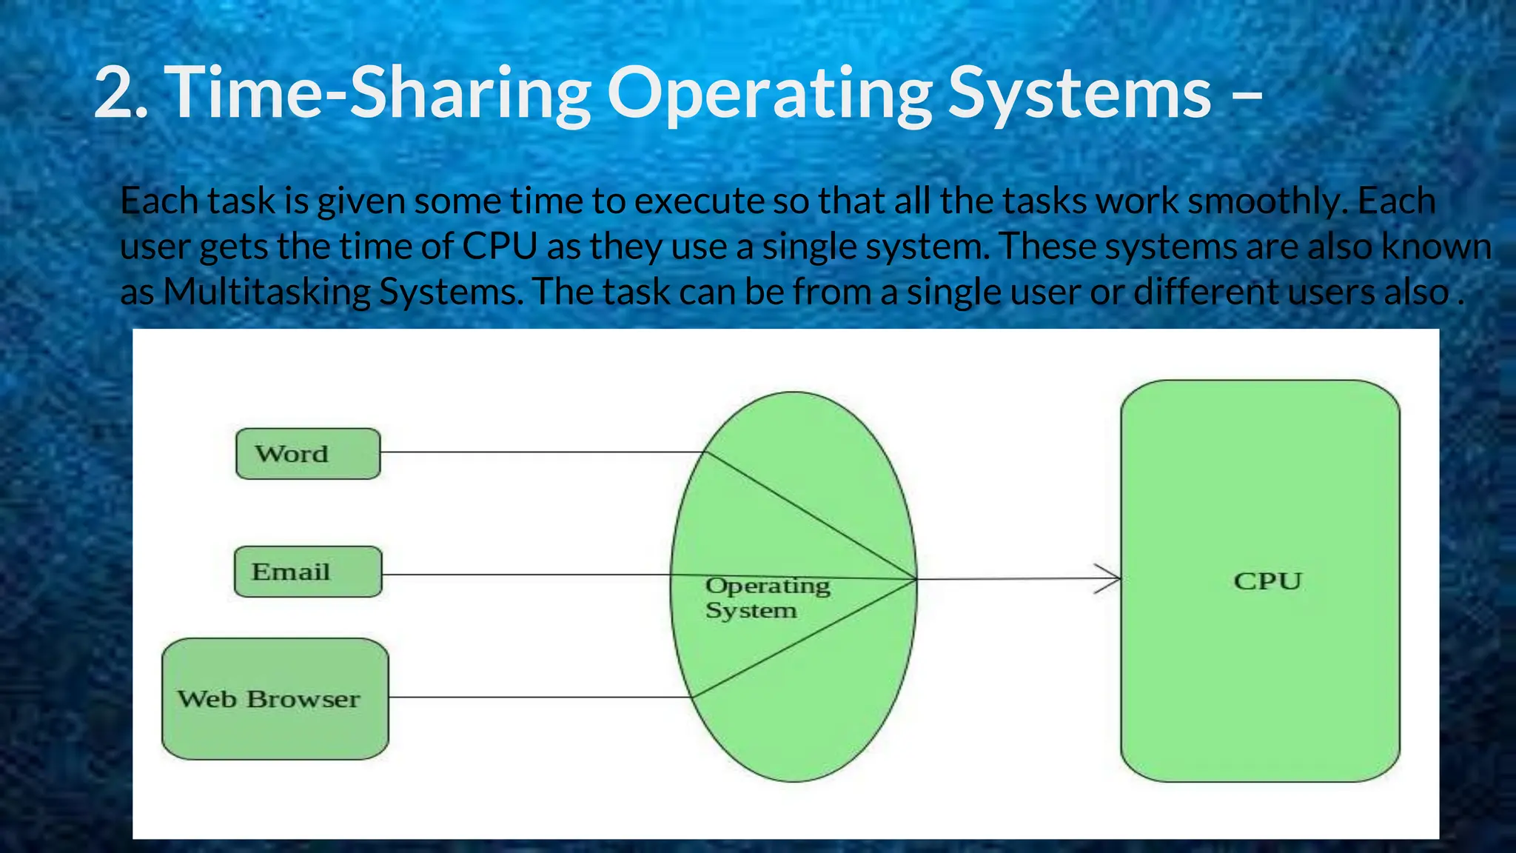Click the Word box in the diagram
click(308, 454)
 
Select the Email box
click(308, 572)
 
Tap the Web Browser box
click(275, 699)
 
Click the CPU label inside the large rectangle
click(1267, 581)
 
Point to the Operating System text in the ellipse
click(767, 598)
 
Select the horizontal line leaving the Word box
click(540, 452)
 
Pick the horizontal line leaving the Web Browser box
click(540, 697)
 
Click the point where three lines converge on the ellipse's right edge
click(916, 579)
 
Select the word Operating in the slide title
click(770, 93)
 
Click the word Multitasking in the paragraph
click(266, 292)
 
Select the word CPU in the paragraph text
click(500, 247)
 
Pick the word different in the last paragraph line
click(1207, 292)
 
